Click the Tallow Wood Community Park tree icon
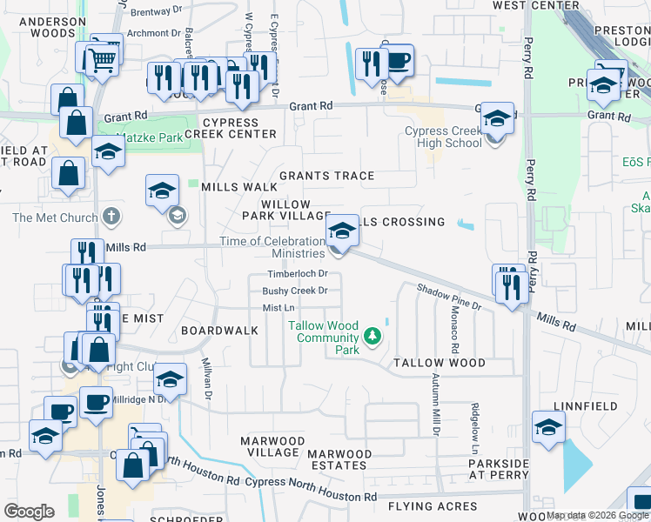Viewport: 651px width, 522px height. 372,336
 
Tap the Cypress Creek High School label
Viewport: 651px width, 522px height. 443,137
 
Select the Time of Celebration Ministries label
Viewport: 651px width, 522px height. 272,247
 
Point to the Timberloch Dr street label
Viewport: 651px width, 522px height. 297,273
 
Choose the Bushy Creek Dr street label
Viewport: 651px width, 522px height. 295,291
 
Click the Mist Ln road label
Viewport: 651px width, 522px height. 279,308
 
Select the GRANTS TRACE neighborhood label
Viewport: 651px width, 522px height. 326,176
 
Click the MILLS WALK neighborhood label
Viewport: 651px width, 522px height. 238,187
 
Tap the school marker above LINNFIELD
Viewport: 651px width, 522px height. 549,427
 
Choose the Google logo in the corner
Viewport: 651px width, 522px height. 30,512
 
